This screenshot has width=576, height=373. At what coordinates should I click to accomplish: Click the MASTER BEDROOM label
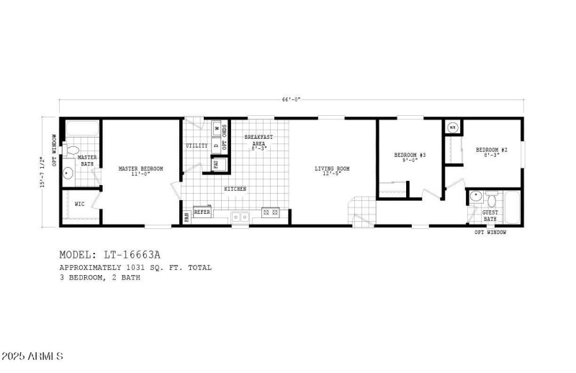[140, 168]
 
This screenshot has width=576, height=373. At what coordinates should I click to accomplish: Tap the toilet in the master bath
[73, 152]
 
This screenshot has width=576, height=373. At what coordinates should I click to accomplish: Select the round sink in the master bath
[68, 173]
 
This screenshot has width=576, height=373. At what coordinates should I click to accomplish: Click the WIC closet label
[79, 205]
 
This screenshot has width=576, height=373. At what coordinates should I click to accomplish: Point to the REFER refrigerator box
[202, 212]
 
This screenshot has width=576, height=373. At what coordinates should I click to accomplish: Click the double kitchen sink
[240, 215]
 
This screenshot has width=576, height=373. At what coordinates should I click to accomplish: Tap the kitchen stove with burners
[271, 212]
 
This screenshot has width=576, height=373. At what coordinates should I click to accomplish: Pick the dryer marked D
[216, 144]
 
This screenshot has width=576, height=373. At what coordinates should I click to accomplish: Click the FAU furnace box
[216, 164]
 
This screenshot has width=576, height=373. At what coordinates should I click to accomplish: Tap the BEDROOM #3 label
[410, 156]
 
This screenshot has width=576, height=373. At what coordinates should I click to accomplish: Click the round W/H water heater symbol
[452, 127]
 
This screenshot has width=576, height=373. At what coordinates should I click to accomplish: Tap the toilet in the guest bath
[491, 196]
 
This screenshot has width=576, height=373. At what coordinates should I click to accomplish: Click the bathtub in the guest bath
[513, 207]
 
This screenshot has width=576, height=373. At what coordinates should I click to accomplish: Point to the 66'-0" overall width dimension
[291, 99]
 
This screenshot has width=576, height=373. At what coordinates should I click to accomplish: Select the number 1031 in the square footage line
[135, 267]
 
